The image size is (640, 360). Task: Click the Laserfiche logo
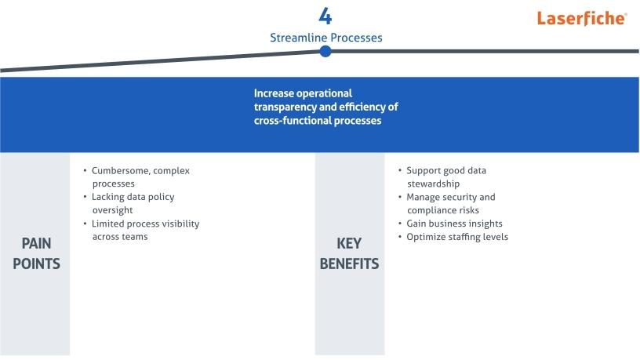tap(582, 18)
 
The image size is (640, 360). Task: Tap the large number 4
tap(325, 16)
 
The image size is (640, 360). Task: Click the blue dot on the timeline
tap(325, 52)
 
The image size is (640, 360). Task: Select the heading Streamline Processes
tap(326, 38)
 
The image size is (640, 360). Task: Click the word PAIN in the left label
tap(36, 244)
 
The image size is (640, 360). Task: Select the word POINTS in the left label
tap(36, 264)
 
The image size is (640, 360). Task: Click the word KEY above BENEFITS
tap(349, 244)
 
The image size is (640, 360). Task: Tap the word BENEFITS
tap(349, 264)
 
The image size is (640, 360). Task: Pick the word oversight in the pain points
tap(113, 210)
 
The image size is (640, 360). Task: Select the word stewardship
tap(434, 184)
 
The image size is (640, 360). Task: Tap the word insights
tap(485, 224)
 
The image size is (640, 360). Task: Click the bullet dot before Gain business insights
tap(400, 224)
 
